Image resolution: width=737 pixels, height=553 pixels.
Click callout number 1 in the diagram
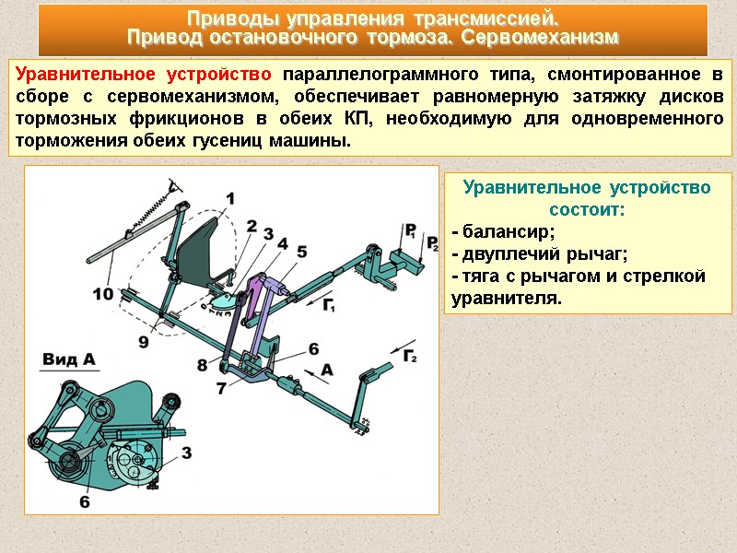(229, 197)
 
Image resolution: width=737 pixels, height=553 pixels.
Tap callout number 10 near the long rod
(104, 294)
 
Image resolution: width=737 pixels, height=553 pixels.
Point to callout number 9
(143, 341)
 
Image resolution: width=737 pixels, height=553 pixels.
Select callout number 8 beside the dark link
(203, 366)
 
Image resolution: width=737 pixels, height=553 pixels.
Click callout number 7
(221, 388)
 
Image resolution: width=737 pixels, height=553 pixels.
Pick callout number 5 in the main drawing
(301, 250)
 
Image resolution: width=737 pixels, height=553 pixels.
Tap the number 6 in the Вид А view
(85, 501)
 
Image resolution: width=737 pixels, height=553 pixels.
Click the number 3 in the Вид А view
(186, 453)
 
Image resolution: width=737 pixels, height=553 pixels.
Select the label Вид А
(71, 359)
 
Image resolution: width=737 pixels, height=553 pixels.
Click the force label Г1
(330, 305)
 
